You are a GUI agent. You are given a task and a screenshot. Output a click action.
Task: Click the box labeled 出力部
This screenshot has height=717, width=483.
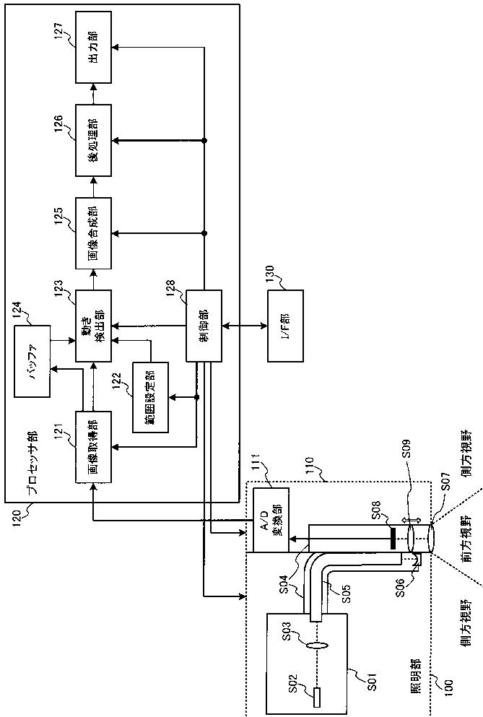(93, 47)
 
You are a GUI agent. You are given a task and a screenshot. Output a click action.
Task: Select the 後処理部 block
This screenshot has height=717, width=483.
(93, 140)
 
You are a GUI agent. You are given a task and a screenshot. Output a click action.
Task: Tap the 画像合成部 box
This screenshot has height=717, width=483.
(93, 233)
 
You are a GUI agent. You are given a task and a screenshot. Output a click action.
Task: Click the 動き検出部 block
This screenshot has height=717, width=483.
(93, 326)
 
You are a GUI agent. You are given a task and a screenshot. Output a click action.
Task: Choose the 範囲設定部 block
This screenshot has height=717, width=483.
(150, 397)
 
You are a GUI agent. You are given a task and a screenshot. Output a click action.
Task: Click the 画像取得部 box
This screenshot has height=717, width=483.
(93, 446)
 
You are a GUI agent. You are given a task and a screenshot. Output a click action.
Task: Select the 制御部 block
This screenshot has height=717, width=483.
(204, 326)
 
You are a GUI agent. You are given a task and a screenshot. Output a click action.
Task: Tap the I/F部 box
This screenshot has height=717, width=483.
(285, 326)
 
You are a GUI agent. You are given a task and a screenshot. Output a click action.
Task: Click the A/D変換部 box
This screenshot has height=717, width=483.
(271, 520)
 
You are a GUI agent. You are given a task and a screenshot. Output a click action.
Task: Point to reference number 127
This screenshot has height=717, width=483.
(59, 30)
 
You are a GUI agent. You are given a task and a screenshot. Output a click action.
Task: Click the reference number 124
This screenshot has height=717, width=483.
(17, 313)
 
